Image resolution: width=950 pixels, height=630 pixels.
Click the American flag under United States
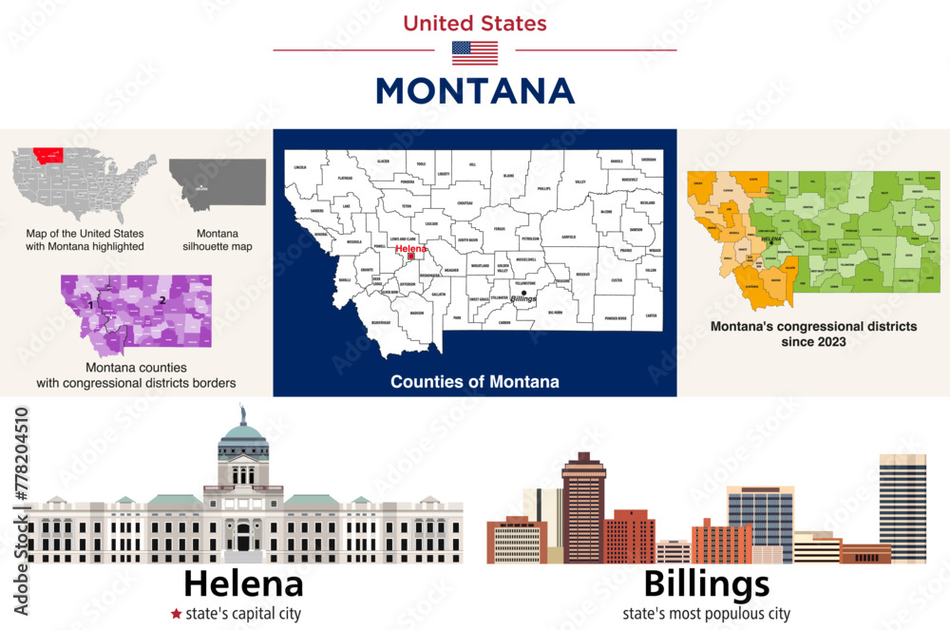(x=475, y=53)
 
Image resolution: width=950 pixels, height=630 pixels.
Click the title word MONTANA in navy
(x=475, y=91)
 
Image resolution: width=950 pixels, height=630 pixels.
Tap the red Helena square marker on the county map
(x=410, y=257)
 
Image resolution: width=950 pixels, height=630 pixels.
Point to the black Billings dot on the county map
(x=522, y=293)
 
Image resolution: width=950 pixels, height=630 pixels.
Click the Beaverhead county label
(x=355, y=322)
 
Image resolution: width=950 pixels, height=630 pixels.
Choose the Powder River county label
(x=617, y=318)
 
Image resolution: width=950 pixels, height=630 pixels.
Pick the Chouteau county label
(x=465, y=203)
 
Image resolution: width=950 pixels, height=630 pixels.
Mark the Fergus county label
(x=501, y=228)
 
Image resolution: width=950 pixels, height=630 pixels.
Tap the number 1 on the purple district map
(x=89, y=306)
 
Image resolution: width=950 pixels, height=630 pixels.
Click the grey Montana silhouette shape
(x=218, y=181)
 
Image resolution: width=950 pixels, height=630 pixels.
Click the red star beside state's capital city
(x=176, y=614)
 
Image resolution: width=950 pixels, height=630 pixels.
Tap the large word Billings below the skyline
(x=707, y=582)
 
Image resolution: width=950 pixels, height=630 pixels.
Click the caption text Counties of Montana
(x=475, y=382)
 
